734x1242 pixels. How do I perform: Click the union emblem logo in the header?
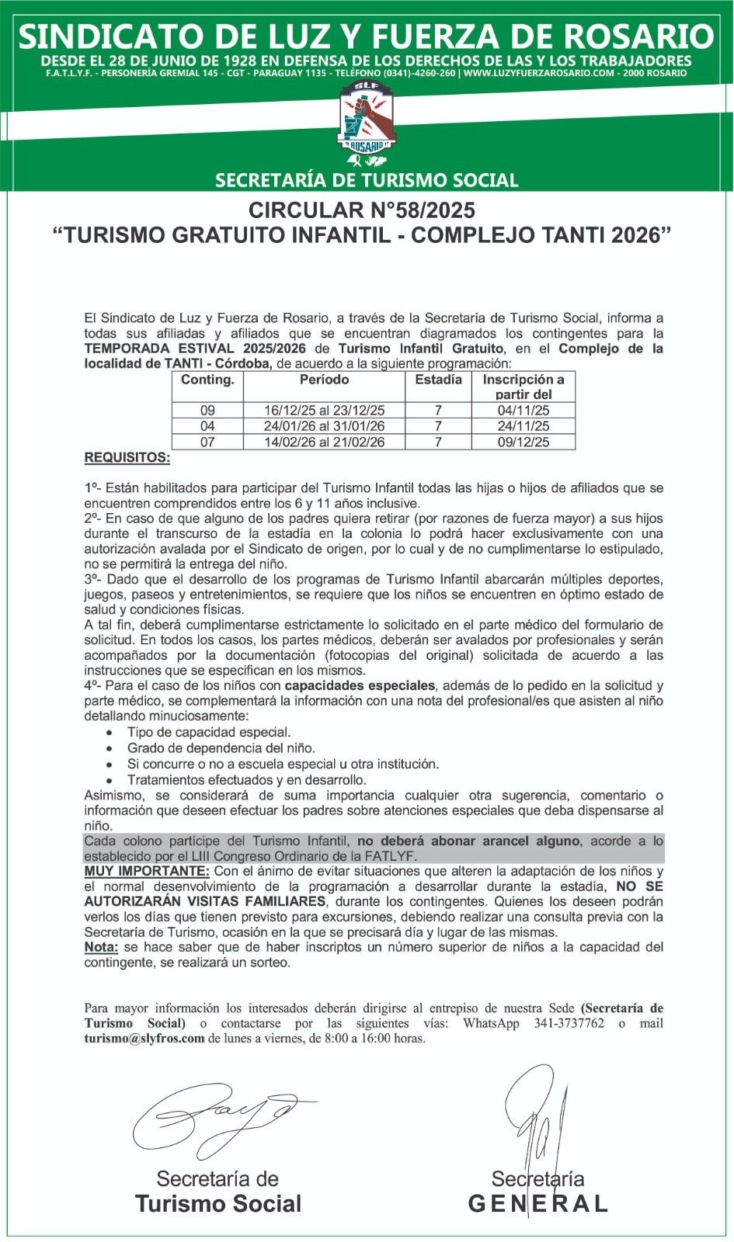point(367,120)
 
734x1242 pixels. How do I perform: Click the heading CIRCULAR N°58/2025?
point(362,210)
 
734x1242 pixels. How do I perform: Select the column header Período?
point(324,380)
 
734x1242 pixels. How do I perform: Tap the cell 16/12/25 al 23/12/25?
point(324,410)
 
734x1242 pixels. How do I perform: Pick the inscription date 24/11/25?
point(524,425)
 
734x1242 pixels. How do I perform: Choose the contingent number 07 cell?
point(207,442)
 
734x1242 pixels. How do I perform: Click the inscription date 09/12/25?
point(524,442)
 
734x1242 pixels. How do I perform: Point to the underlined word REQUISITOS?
point(127,457)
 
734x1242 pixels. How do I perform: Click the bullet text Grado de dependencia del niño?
point(221,748)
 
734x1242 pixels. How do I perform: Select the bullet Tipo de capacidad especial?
point(209,732)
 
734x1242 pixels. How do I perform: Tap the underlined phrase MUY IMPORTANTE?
point(147,871)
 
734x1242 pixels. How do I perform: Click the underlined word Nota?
point(101,947)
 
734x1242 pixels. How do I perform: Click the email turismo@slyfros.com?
point(144,1039)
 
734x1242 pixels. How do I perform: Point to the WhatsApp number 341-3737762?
point(569,1023)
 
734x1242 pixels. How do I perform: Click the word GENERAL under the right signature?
point(537,1204)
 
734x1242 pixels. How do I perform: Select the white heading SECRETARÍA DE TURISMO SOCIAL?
point(367,180)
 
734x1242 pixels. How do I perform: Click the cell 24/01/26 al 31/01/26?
point(324,425)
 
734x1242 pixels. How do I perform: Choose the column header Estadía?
point(438,380)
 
